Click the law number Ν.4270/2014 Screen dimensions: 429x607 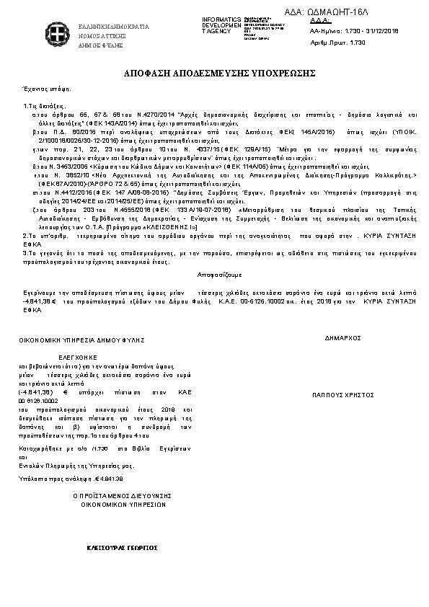[x=159, y=115]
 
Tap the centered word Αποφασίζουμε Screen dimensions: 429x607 [x=220, y=275]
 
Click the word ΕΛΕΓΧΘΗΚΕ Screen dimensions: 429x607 [x=76, y=357]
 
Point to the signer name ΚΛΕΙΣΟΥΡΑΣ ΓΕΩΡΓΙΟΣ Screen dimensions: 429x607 [x=122, y=547]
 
